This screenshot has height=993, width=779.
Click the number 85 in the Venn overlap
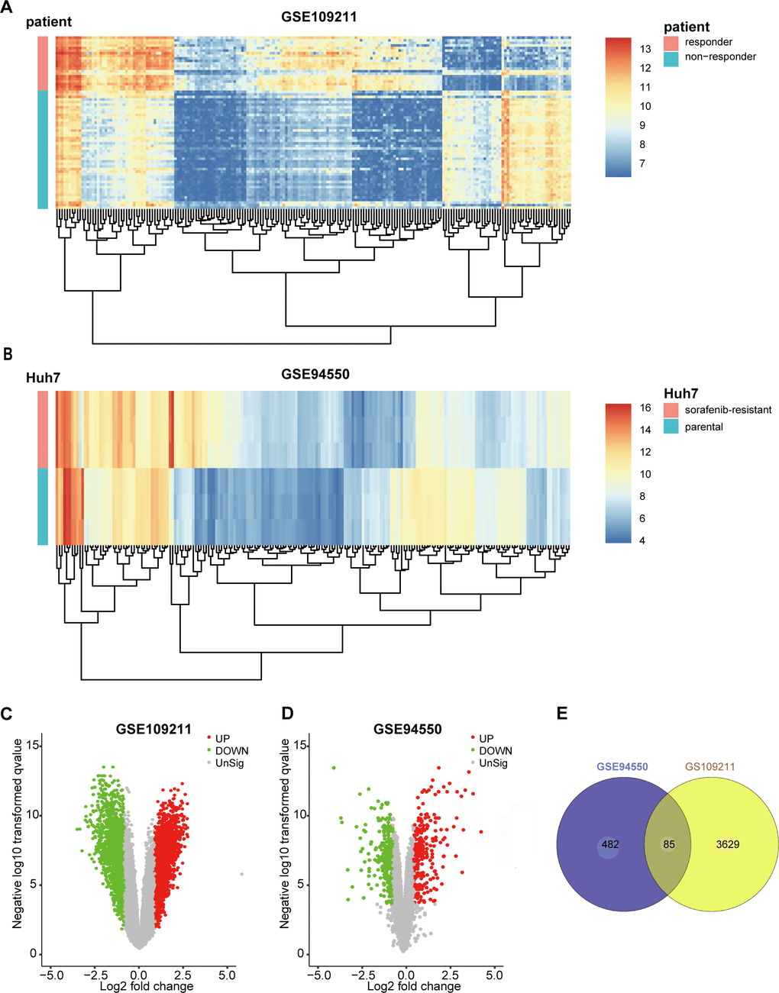pos(668,844)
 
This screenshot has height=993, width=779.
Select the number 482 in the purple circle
pos(609,844)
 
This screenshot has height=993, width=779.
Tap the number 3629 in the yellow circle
pos(727,844)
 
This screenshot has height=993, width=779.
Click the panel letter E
pos(562,713)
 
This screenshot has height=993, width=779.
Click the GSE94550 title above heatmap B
pos(315,374)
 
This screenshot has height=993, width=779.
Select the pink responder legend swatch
pos(671,42)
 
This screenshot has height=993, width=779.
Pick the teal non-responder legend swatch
pos(671,57)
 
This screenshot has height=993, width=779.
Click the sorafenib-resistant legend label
pos(728,410)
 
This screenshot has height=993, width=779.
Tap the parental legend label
pos(703,427)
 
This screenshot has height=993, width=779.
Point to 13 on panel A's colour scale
pos(645,49)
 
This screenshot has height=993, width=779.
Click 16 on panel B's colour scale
pos(645,408)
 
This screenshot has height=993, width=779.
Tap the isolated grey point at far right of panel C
pos(242,874)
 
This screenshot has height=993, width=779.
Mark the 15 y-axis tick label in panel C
pos(33,745)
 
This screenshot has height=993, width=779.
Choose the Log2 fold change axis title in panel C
pos(147,986)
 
